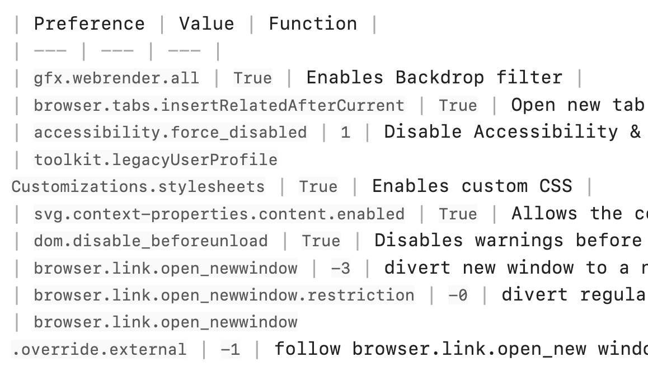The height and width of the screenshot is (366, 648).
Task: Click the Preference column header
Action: point(90,24)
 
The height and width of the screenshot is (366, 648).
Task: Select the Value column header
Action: point(206,24)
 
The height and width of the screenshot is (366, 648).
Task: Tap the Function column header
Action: point(313,24)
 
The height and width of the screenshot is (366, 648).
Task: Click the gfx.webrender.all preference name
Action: point(116,78)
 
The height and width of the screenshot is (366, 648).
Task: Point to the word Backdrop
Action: point(440,78)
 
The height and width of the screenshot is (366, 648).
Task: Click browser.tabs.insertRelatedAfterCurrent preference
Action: point(219,105)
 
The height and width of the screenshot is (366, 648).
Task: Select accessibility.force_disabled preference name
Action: point(170,133)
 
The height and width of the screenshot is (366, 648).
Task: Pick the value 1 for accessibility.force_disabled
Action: point(345,133)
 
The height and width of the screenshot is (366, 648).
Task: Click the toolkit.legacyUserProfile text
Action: point(156,159)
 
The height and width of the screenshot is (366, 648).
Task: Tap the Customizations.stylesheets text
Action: point(138,187)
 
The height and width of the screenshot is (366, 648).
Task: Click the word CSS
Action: point(556,186)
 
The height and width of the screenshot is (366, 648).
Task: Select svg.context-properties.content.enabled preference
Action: point(219,214)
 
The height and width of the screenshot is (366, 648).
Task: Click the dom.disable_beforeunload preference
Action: point(151,241)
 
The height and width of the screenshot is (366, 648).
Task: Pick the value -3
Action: point(341,269)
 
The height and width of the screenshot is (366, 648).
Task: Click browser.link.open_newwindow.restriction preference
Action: point(224,295)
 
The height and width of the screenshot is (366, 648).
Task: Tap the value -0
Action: point(458,295)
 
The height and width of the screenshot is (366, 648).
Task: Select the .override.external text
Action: point(99,349)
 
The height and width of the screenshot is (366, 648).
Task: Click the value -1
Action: point(230,349)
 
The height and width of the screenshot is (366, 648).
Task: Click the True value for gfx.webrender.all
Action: point(252,78)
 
